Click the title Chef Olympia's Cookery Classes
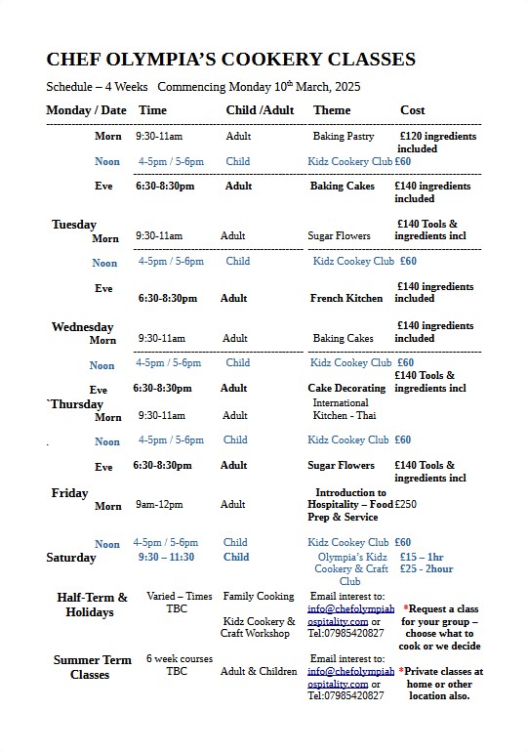click(x=230, y=60)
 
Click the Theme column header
click(x=332, y=110)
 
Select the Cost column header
click(x=412, y=110)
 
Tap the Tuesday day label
click(x=74, y=225)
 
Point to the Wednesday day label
click(x=82, y=327)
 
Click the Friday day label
click(x=69, y=493)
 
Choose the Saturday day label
click(x=71, y=558)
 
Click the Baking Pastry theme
click(x=343, y=137)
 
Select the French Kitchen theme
click(x=346, y=298)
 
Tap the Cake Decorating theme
click(x=346, y=388)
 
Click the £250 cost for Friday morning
click(x=405, y=505)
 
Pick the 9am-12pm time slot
click(x=159, y=505)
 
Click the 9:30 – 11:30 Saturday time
click(x=166, y=558)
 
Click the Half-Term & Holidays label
click(x=92, y=605)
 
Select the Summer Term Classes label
click(x=91, y=667)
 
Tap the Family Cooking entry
click(x=258, y=596)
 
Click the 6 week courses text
click(x=180, y=659)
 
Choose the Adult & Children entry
click(x=259, y=671)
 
